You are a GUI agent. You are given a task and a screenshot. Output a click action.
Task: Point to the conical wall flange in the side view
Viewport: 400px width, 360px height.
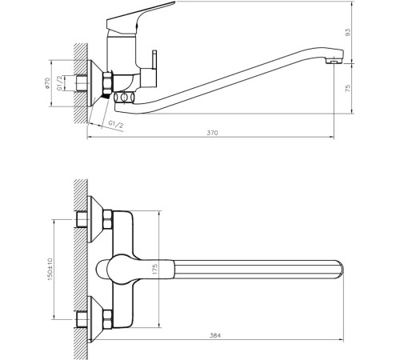[x=98, y=82]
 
